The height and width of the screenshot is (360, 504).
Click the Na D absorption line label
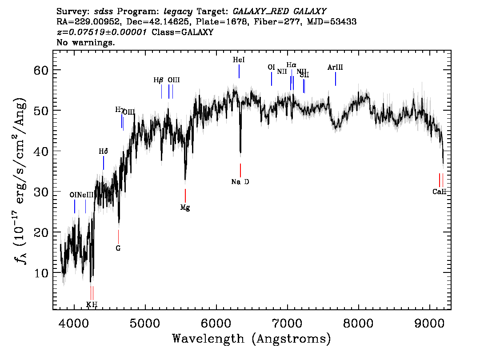click(x=240, y=182)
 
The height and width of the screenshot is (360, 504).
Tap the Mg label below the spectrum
click(x=185, y=208)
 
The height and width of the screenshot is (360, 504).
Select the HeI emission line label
click(x=239, y=60)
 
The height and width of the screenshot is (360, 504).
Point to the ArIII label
click(x=335, y=68)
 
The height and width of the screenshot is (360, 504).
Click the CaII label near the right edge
click(x=439, y=192)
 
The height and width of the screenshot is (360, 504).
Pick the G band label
click(x=118, y=248)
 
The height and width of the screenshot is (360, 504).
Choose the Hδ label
click(x=103, y=152)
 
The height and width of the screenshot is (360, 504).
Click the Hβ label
click(x=158, y=80)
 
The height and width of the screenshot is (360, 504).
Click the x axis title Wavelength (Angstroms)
click(x=252, y=339)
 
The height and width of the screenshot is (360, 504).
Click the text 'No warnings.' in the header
click(x=86, y=43)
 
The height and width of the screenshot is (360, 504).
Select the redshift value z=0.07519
click(x=102, y=32)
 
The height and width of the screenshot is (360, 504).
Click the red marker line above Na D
click(x=240, y=170)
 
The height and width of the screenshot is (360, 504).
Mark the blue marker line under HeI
click(x=239, y=71)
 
